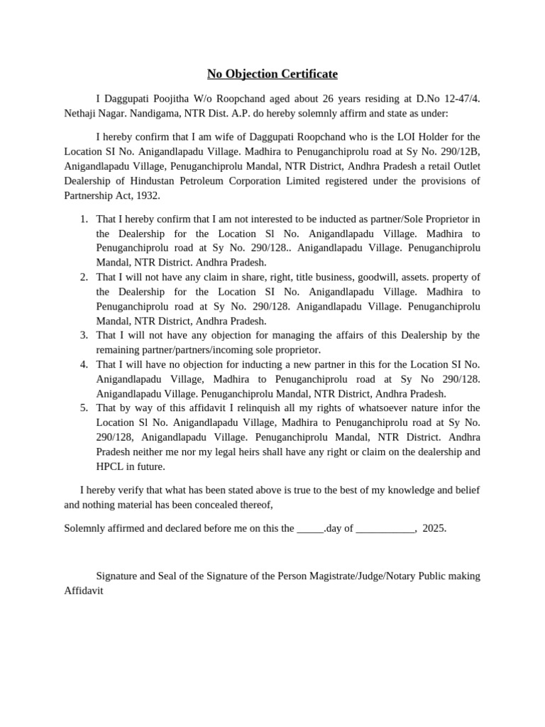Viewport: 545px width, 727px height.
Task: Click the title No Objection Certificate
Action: [x=272, y=74]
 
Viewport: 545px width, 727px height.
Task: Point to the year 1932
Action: [x=147, y=195]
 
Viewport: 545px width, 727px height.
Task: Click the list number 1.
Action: [x=84, y=218]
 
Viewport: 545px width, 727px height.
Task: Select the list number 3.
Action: [x=84, y=335]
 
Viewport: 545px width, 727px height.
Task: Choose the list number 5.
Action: [x=84, y=408]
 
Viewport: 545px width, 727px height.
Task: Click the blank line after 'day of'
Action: [x=384, y=529]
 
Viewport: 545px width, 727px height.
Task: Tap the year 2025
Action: [x=434, y=528]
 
